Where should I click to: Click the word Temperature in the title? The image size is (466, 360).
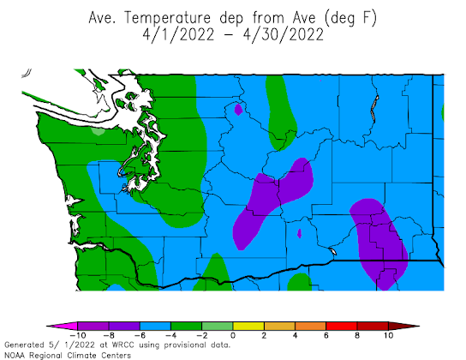pyautogui.click(x=179, y=16)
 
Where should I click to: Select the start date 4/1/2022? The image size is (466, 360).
pyautogui.click(x=176, y=35)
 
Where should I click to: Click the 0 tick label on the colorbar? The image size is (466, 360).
pyautogui.click(x=233, y=337)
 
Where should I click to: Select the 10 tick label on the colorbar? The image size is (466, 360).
pyautogui.click(x=388, y=337)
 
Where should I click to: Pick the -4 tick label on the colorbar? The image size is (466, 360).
pyautogui.click(x=170, y=337)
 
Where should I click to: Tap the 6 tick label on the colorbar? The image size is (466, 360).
pyautogui.click(x=326, y=337)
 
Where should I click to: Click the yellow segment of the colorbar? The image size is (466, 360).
pyautogui.click(x=248, y=327)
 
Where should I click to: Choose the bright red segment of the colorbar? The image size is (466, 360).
pyautogui.click(x=357, y=327)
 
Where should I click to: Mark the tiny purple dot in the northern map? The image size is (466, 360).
pyautogui.click(x=238, y=108)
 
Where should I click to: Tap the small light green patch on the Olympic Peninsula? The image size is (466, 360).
pyautogui.click(x=99, y=131)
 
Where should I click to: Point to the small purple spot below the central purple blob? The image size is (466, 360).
pyautogui.click(x=299, y=231)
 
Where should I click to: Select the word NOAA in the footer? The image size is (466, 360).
pyautogui.click(x=14, y=354)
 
